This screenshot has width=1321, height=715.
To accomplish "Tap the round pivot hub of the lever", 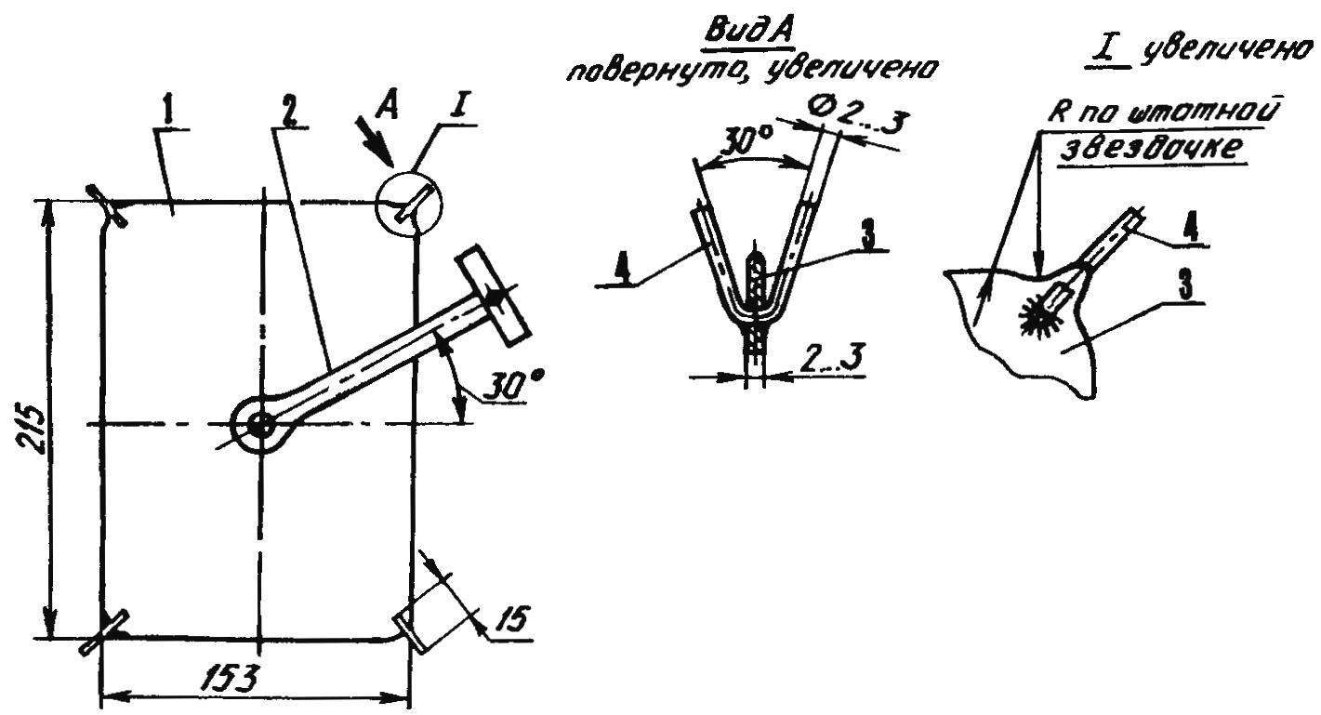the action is (260, 424).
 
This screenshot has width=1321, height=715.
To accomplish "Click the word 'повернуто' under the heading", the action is (657, 71).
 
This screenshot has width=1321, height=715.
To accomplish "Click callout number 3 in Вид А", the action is (868, 236).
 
